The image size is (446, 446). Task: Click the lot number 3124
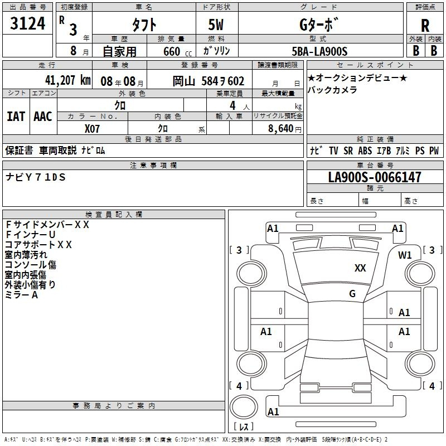[x=27, y=23]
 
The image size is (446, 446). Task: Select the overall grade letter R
[x=425, y=26]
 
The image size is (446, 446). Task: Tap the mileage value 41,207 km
[x=67, y=80]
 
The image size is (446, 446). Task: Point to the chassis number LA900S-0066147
[x=375, y=177]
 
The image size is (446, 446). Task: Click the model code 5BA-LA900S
[x=319, y=51]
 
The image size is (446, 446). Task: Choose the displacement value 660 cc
[x=177, y=52]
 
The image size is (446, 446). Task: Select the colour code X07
[x=92, y=129]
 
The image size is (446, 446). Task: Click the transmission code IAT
[x=16, y=117]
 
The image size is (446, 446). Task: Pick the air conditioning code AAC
[x=43, y=117]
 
